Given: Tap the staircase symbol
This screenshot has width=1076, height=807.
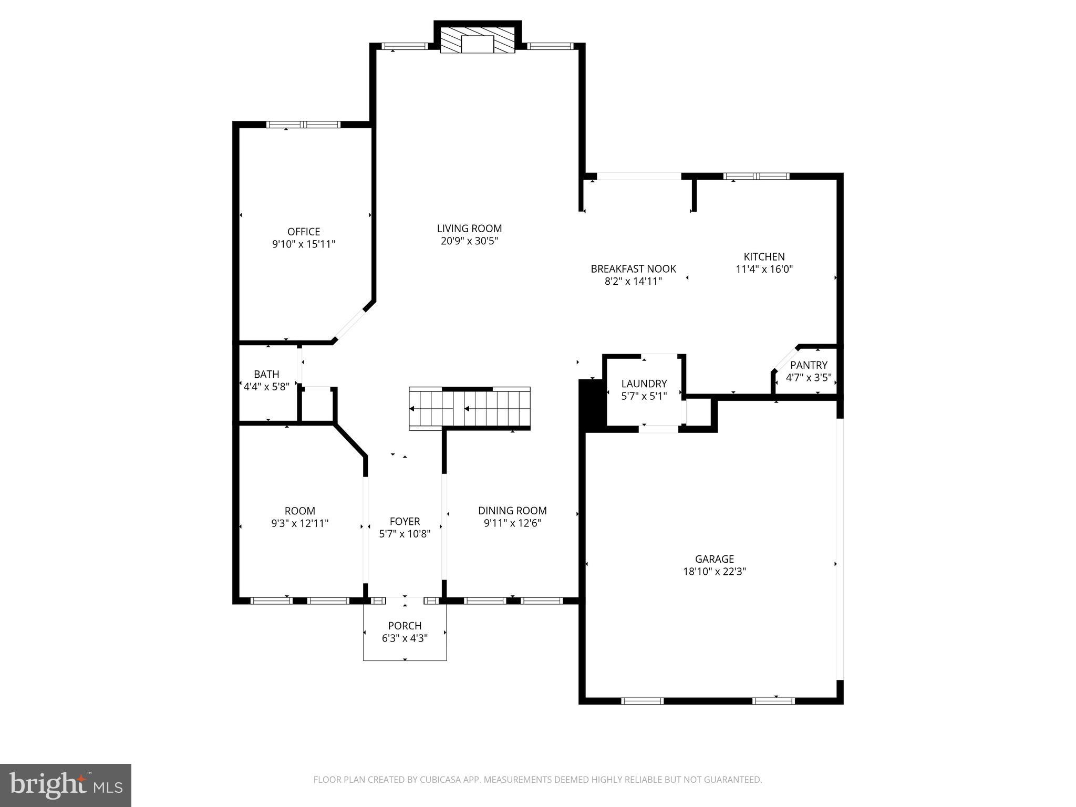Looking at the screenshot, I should [x=469, y=409].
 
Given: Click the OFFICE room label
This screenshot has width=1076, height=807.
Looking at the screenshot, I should [x=304, y=232].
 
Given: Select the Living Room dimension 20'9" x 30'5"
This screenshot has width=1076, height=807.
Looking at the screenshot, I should [x=469, y=241].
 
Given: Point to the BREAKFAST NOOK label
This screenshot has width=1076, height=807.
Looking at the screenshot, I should [x=633, y=269].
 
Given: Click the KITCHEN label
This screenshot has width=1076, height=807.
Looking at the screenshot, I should [x=764, y=257].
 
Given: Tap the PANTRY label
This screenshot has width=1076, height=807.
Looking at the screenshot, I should [x=809, y=365].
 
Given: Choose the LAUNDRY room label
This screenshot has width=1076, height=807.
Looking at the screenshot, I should [x=644, y=384].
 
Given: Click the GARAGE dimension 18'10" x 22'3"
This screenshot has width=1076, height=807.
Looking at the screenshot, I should [x=714, y=572].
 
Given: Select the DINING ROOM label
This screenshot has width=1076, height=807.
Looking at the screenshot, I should [x=512, y=511].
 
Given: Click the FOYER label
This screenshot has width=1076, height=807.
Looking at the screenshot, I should [x=405, y=522].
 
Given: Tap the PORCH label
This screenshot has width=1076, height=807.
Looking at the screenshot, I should [x=405, y=626].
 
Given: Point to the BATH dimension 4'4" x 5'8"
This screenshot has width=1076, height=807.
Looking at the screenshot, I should [x=266, y=387].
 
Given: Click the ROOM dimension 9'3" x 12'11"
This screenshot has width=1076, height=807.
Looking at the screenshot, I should [x=299, y=523].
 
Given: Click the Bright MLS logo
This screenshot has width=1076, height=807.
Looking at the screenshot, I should [x=66, y=785].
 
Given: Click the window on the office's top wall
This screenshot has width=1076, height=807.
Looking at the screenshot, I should [x=303, y=125].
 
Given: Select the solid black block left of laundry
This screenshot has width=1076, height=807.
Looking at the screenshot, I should [x=592, y=406].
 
